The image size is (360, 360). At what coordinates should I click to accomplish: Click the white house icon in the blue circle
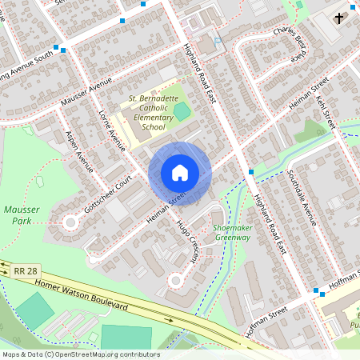[x=180, y=173]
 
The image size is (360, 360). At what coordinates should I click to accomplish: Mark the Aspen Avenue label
[x=80, y=151]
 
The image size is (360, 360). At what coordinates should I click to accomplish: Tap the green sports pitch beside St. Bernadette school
[x=182, y=111]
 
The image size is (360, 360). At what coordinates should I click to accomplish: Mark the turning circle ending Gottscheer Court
[x=70, y=222]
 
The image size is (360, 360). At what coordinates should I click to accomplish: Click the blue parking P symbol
[x=218, y=41]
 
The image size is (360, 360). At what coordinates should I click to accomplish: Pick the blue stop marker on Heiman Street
[x=251, y=171]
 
